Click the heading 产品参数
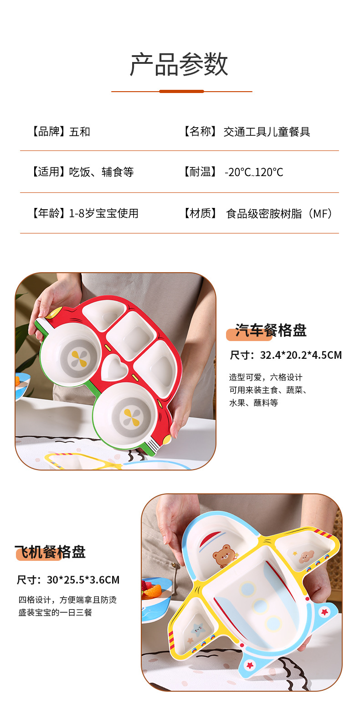[x=179, y=64]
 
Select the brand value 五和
[x=80, y=132]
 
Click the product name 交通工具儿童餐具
[x=267, y=132]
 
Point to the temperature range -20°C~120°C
[x=254, y=172]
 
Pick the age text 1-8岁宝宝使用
[x=103, y=213]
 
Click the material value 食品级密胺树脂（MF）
[x=279, y=213]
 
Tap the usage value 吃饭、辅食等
[x=101, y=172]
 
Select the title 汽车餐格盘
[x=271, y=331]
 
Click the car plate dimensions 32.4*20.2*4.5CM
[x=301, y=355]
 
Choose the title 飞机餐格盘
[x=50, y=552]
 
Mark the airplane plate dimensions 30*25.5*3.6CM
[x=83, y=580]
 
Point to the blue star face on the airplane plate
[x=198, y=631]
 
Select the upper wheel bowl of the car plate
[x=71, y=356]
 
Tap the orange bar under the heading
[x=181, y=92]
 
